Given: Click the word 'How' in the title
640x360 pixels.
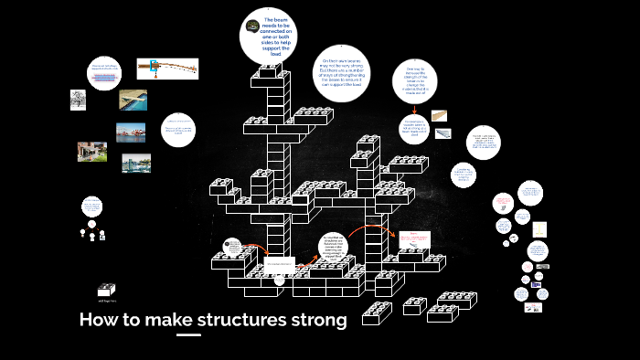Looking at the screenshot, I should coord(99,320).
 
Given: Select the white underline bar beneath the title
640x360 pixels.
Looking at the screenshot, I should coord(188,335).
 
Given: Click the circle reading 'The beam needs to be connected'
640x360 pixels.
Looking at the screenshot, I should coord(272,37).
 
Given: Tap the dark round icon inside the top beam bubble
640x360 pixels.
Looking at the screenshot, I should coord(252,25).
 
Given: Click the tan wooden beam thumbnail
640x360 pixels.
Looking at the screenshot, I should coord(442,115).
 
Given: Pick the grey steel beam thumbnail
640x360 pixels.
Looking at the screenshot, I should coord(443,133).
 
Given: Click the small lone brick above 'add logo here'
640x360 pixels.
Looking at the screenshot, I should coord(106,290).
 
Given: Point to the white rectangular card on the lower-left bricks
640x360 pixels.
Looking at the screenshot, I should coord(280,265).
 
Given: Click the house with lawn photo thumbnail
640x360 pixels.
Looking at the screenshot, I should coord(91,151).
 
